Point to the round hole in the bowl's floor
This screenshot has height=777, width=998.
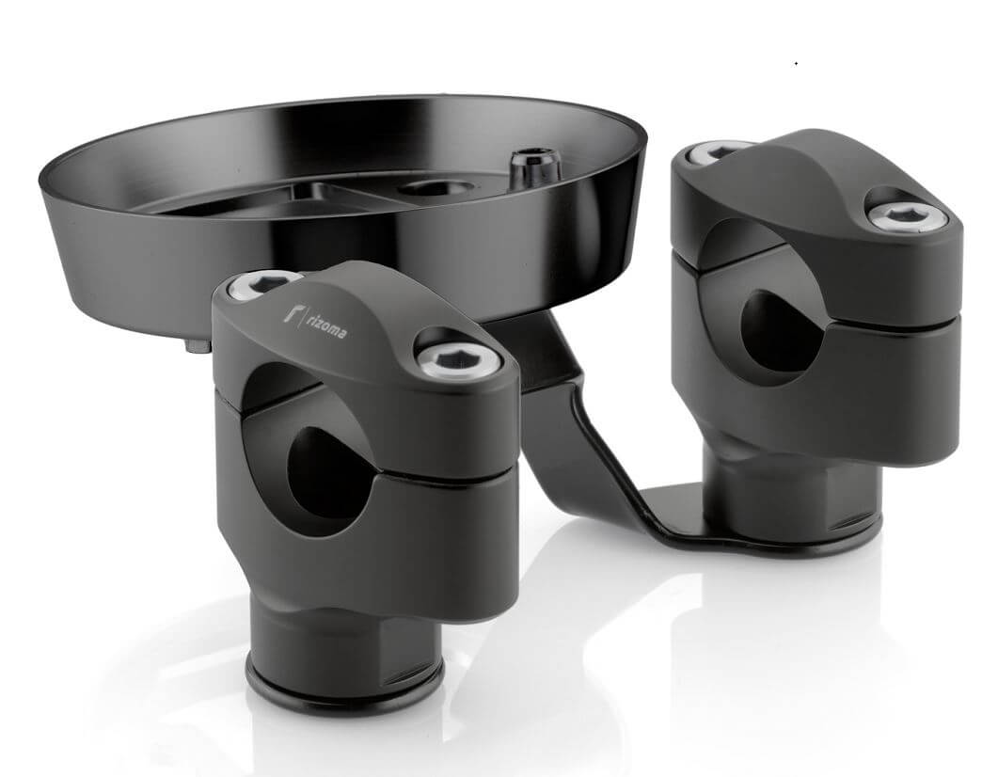pos(436,188)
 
